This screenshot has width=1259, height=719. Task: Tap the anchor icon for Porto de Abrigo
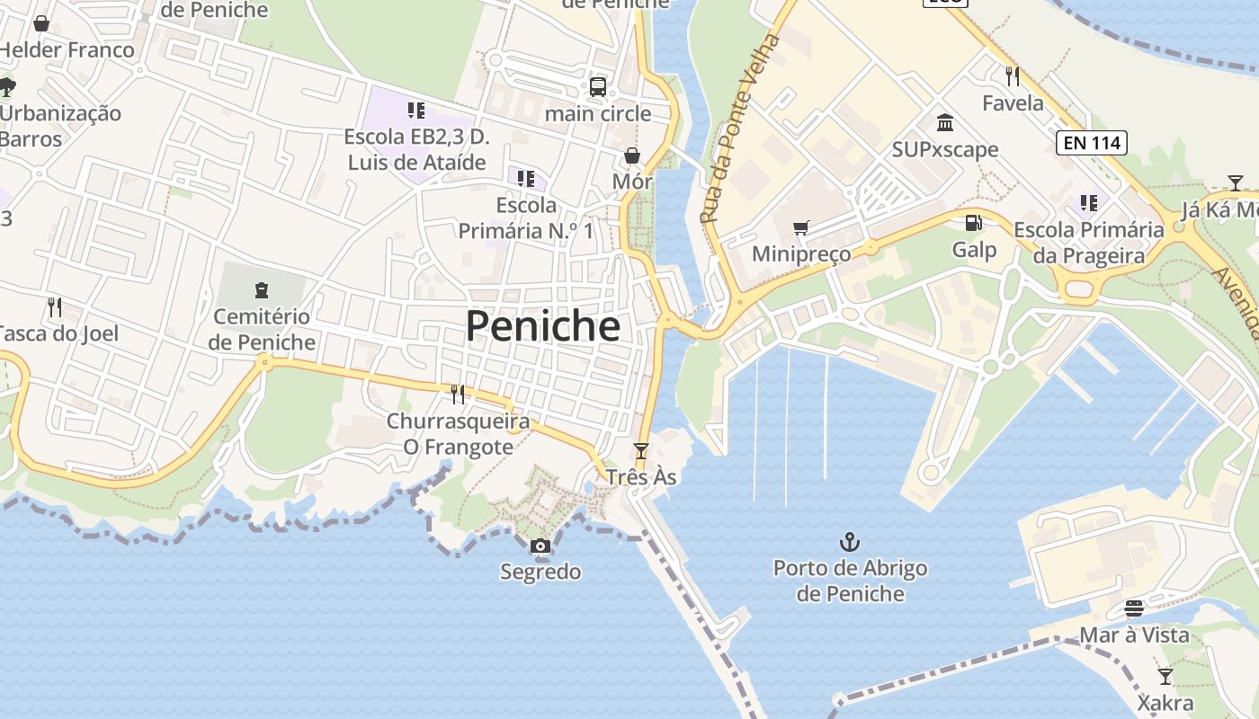(x=849, y=541)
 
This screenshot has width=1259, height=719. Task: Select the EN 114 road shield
(x=1091, y=142)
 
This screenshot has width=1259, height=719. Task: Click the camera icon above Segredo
(x=540, y=546)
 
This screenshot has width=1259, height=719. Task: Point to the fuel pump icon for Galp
(x=973, y=223)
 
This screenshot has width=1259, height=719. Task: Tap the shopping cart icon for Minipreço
(x=800, y=227)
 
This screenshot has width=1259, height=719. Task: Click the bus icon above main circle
(x=597, y=87)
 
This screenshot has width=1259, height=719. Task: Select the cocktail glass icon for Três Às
(x=640, y=450)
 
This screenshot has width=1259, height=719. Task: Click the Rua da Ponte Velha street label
(x=738, y=129)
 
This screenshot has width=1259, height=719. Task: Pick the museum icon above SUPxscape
(x=944, y=122)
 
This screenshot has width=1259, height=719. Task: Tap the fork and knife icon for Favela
(x=1013, y=75)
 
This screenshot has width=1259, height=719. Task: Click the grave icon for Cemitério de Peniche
(x=261, y=289)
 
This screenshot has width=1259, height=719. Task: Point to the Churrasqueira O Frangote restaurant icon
(x=458, y=394)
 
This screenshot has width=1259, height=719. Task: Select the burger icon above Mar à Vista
(x=1133, y=608)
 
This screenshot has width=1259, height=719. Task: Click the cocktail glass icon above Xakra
(x=1165, y=676)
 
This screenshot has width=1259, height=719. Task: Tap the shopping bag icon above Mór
(x=631, y=155)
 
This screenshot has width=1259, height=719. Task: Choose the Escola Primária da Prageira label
(x=1089, y=243)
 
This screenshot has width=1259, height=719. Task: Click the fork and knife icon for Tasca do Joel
(x=55, y=307)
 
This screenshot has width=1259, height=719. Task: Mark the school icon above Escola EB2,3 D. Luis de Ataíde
(x=415, y=111)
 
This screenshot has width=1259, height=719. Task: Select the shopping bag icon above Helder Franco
(x=41, y=23)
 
